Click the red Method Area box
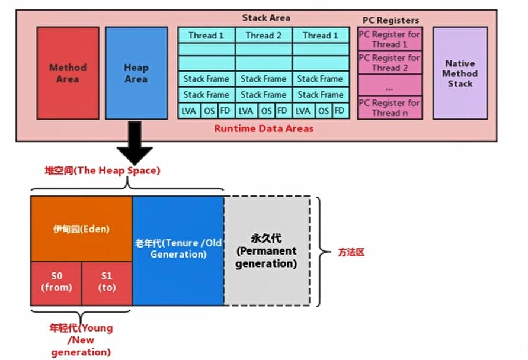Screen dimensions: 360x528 point(68,73)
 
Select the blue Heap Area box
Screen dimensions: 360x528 point(136,73)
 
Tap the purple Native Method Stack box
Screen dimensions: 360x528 point(459,73)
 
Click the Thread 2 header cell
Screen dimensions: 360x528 point(264,35)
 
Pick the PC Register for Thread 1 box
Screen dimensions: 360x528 point(389,39)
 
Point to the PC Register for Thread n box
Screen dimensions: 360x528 point(389,107)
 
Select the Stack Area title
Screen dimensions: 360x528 point(266,18)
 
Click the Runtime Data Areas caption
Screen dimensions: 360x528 point(264,128)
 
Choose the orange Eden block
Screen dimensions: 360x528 point(81,229)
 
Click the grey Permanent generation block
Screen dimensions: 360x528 point(266,251)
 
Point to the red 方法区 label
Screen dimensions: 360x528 point(351,252)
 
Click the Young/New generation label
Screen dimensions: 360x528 point(81,340)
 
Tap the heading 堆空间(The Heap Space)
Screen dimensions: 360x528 point(103,171)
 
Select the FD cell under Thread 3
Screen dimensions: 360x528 point(339,111)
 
